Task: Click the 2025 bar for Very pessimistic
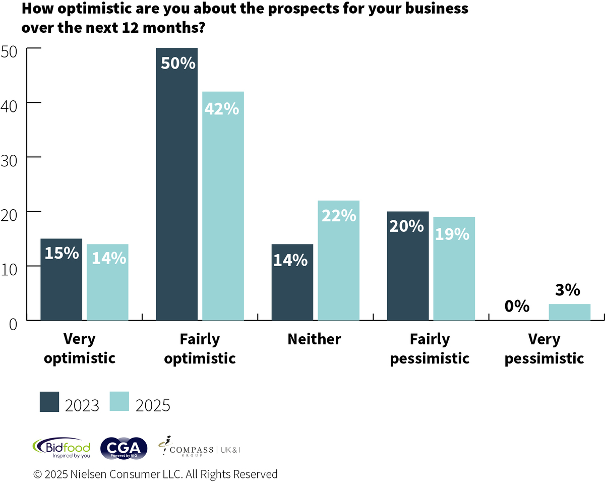[569, 312]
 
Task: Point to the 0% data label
[516, 306]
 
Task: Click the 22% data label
[338, 215]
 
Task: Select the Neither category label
[314, 339]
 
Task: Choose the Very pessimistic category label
[544, 349]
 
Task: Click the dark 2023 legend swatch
[49, 401]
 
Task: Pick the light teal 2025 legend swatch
[118, 401]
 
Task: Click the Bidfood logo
[61, 448]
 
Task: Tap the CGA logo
[124, 448]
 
